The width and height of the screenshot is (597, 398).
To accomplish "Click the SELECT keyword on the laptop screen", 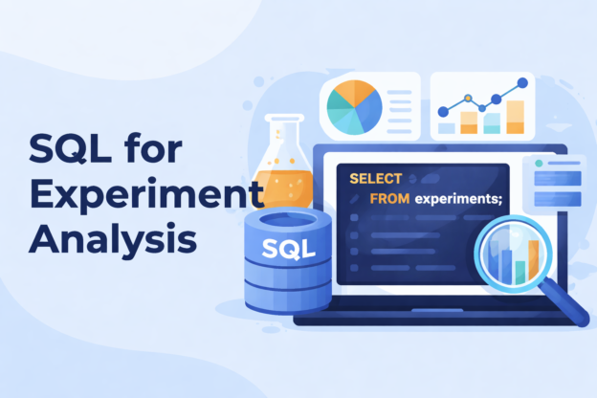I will pyautogui.click(x=375, y=179).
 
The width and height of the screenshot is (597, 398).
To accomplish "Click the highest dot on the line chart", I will pyautogui.click(x=521, y=83).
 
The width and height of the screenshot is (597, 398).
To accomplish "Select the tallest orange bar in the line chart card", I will pyautogui.click(x=515, y=116).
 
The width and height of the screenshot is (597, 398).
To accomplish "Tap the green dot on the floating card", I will pyautogui.click(x=540, y=164).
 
